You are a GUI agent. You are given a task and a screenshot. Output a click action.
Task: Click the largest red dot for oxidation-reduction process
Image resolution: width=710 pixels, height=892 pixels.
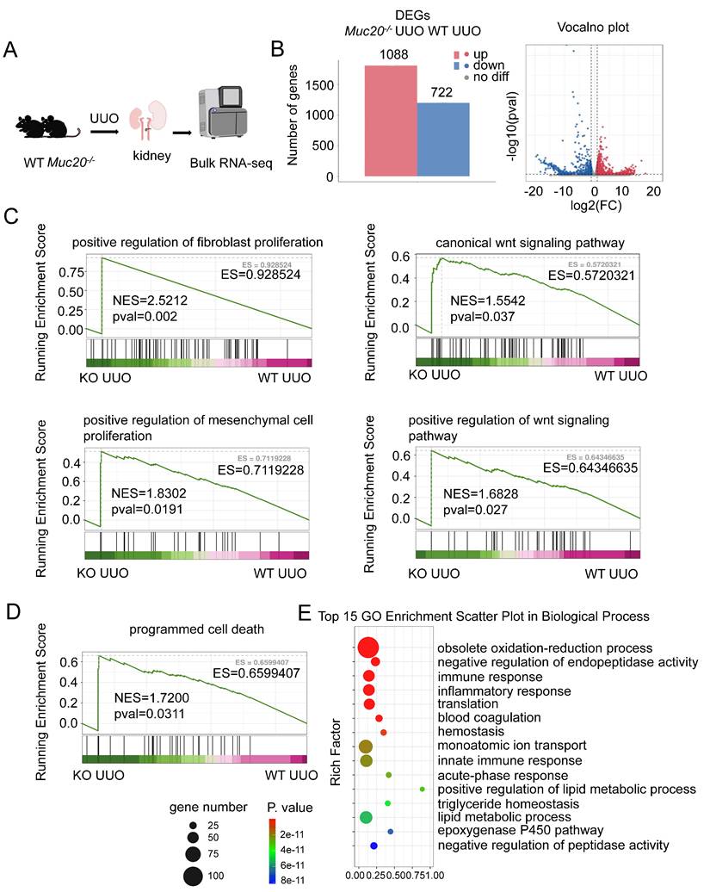point(367,648)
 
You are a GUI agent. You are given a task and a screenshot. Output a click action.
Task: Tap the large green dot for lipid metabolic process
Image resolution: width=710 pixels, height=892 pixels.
point(366,817)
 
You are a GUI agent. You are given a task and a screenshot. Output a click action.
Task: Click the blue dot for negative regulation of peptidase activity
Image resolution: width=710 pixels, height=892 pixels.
point(374,846)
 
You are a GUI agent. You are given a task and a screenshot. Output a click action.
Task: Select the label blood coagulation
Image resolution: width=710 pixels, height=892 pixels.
point(489,717)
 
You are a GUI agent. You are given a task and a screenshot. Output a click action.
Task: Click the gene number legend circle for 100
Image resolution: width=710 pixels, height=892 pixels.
point(193,877)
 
